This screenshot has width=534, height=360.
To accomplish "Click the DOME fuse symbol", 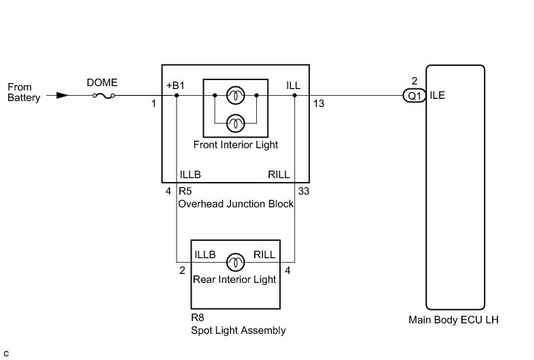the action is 103,96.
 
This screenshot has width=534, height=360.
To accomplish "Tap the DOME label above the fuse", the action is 102,82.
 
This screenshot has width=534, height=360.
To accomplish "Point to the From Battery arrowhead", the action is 62,96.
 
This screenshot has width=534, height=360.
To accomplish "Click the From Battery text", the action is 24,92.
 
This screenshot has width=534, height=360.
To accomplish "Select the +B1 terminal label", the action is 175,85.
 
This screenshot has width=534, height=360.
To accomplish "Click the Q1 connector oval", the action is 414,96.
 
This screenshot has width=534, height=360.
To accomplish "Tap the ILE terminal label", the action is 437,95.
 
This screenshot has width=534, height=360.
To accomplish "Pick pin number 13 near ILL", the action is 318,104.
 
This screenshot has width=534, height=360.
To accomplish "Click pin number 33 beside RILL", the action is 303,192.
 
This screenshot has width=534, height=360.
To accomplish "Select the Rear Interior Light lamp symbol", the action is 235,263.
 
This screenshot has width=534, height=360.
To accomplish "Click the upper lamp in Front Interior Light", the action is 235,95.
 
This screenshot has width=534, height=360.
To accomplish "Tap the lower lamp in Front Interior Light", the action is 235,123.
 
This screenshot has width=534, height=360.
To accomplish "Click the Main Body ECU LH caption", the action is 453,320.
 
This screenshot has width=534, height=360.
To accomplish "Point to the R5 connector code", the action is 185,191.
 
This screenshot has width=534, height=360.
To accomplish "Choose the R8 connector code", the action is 198,317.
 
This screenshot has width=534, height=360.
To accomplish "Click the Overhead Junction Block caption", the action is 236,204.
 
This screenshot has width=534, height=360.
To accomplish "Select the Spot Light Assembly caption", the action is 238,330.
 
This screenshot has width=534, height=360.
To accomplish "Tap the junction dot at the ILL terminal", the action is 294,95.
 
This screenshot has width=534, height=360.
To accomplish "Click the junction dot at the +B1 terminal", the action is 177,95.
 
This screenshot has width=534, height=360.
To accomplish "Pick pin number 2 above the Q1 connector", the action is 414,81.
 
